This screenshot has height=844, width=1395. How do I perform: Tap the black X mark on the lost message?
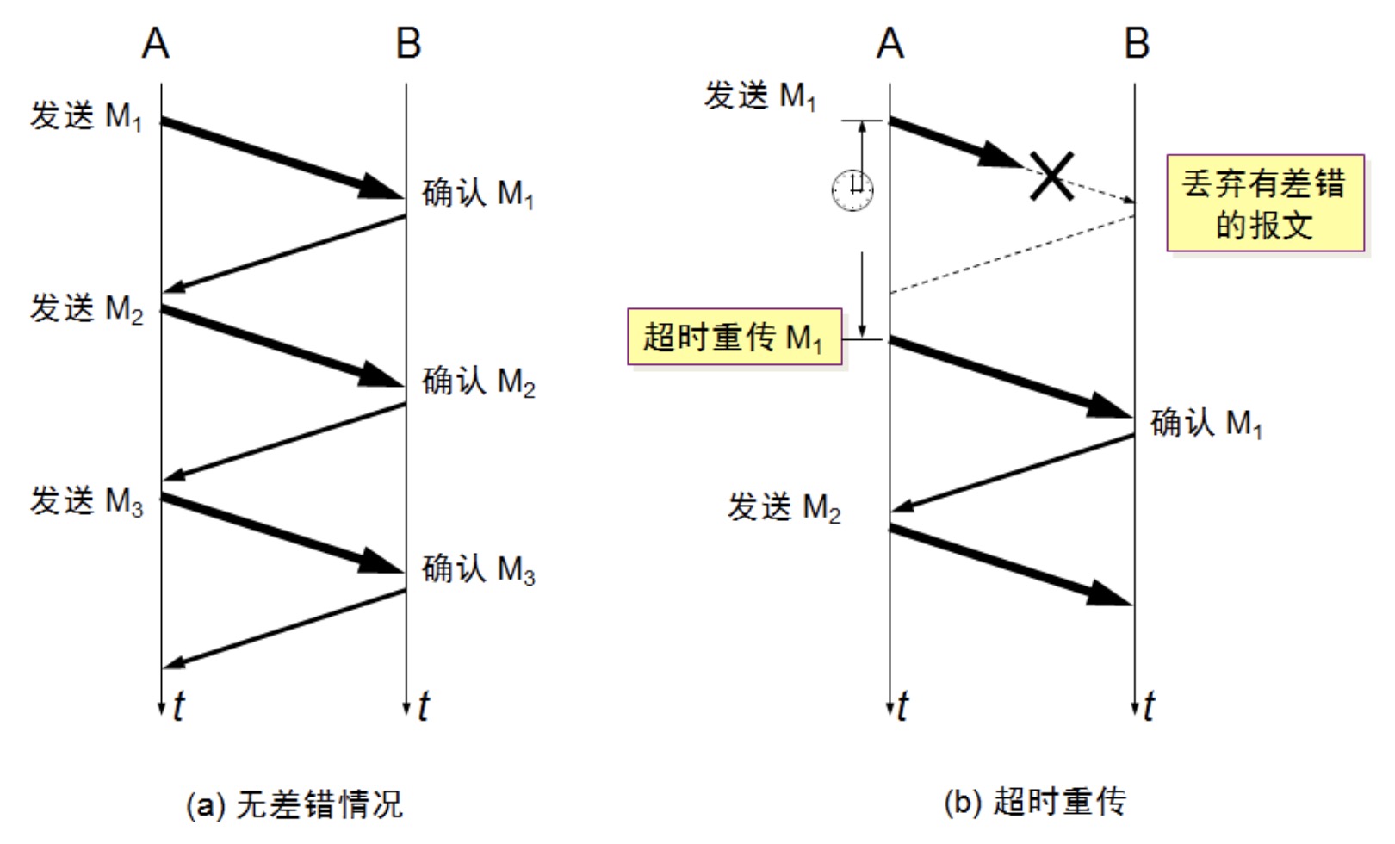[1052, 177]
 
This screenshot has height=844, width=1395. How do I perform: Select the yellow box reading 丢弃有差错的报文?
[1265, 204]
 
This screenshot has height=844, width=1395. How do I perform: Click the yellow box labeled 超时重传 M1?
[735, 337]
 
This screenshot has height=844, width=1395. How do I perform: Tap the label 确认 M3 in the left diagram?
[479, 569]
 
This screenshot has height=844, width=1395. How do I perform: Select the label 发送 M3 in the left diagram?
[87, 500]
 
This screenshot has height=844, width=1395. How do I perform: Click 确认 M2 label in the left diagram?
[479, 381]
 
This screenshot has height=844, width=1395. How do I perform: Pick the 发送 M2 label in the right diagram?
[784, 507]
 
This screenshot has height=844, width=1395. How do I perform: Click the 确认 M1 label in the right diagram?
[1206, 423]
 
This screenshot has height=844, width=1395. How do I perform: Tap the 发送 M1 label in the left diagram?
[86, 116]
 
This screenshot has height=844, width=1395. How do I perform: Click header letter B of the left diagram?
[408, 43]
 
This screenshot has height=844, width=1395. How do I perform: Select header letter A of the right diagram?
[890, 43]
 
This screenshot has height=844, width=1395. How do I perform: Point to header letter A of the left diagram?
[156, 43]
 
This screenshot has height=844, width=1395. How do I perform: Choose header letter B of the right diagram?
[1137, 43]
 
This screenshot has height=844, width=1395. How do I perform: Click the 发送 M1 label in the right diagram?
[760, 96]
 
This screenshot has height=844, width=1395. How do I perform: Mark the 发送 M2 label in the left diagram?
[87, 308]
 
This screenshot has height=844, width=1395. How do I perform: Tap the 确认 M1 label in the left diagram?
[479, 194]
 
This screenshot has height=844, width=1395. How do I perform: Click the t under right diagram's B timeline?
[1150, 706]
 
